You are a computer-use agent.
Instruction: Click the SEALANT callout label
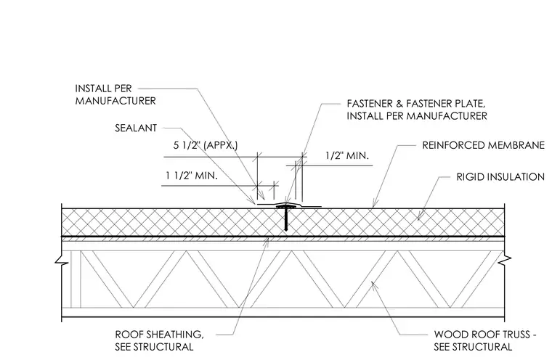tap(136, 128)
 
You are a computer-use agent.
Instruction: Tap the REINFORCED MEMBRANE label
tap(483, 145)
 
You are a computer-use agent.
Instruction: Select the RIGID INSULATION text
tap(500, 176)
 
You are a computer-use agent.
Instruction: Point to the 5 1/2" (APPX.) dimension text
tap(206, 145)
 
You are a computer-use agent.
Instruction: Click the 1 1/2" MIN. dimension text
tap(192, 175)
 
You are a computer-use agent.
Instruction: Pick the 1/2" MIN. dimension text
tap(347, 155)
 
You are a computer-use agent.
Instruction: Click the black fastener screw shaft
tap(286, 220)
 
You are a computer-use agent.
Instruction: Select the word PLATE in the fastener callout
tap(468, 104)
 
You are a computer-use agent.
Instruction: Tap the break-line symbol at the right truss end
tap(505, 259)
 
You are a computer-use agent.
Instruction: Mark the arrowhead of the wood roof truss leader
tap(373, 282)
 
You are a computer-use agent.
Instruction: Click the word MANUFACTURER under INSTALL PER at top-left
tap(115, 101)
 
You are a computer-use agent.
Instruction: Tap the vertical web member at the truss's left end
tap(76, 279)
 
